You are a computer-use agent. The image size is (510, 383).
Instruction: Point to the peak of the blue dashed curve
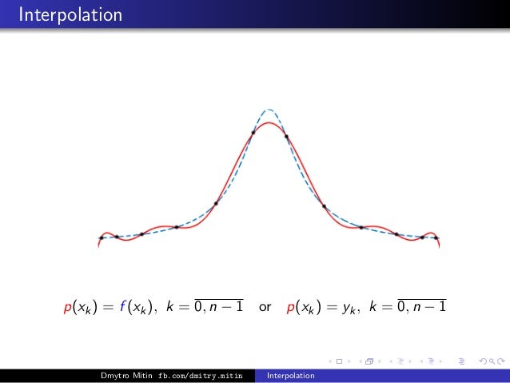pos(269,110)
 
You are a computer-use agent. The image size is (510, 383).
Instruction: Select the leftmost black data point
pos(102,237)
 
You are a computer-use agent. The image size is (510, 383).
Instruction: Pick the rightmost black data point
pos(436,237)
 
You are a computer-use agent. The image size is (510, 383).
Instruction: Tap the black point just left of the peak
pos(253,132)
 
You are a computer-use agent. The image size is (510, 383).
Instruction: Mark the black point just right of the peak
pos(286,136)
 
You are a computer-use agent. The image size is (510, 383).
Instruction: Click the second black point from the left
pos(117,237)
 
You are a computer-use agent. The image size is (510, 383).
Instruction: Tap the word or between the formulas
pos(265,306)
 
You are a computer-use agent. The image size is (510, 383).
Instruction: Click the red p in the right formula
pos(289,307)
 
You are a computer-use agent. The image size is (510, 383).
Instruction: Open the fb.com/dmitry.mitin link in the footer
pos(200,376)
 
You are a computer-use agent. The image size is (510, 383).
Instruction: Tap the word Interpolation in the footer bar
pos(291,376)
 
